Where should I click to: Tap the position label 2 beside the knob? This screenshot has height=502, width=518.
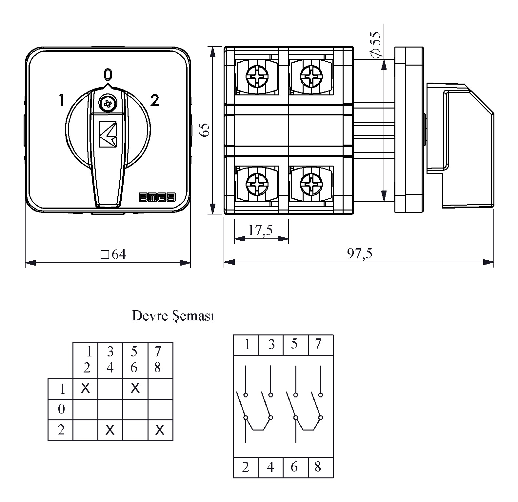pos(154,100)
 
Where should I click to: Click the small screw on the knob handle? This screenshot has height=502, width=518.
pos(107,104)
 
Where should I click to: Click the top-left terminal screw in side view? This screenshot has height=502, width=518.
pos(257,76)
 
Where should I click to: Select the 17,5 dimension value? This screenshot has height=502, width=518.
pos(260,230)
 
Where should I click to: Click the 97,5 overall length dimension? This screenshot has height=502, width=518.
pos(360,253)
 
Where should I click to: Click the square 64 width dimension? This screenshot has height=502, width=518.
pos(113,254)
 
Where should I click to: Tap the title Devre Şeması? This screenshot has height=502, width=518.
pos(173,316)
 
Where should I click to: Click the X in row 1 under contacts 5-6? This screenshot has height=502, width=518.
pos(135,388)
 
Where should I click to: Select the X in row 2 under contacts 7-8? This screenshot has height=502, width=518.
pos(160,430)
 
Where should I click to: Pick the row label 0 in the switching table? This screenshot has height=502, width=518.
pos(61,409)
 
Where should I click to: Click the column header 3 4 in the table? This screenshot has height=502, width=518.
pos(110,360)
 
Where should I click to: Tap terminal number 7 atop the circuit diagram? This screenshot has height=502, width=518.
pos(318,344)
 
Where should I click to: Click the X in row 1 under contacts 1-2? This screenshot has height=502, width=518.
pos(85,388)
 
